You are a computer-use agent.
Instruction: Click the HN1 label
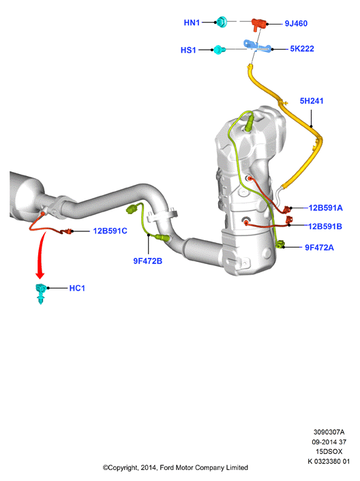coord(192,23)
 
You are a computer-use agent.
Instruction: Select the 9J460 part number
coord(296,23)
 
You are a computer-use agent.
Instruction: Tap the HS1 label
coord(188,50)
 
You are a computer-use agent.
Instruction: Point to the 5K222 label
coord(302,48)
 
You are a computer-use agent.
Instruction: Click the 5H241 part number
coord(311,100)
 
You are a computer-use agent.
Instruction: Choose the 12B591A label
coord(325,207)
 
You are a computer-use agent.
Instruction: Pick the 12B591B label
coord(325,227)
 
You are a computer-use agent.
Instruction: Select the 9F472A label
coord(319,247)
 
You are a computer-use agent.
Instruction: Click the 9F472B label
coord(147,261)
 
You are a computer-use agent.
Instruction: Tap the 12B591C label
coord(110,231)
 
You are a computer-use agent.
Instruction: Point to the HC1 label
coord(77,288)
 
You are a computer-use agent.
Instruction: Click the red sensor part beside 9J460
coord(259,24)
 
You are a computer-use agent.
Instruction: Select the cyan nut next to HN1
coord(222,22)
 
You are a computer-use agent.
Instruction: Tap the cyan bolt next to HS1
coord(219,49)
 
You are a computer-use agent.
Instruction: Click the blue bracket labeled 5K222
coord(257,46)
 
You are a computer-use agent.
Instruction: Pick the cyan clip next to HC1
coord(40,293)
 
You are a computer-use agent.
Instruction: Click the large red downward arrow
coord(41,257)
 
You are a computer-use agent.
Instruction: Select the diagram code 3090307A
coord(329,432)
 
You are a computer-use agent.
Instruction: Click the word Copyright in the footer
coord(120,468)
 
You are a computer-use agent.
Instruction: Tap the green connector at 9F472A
coord(280,244)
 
